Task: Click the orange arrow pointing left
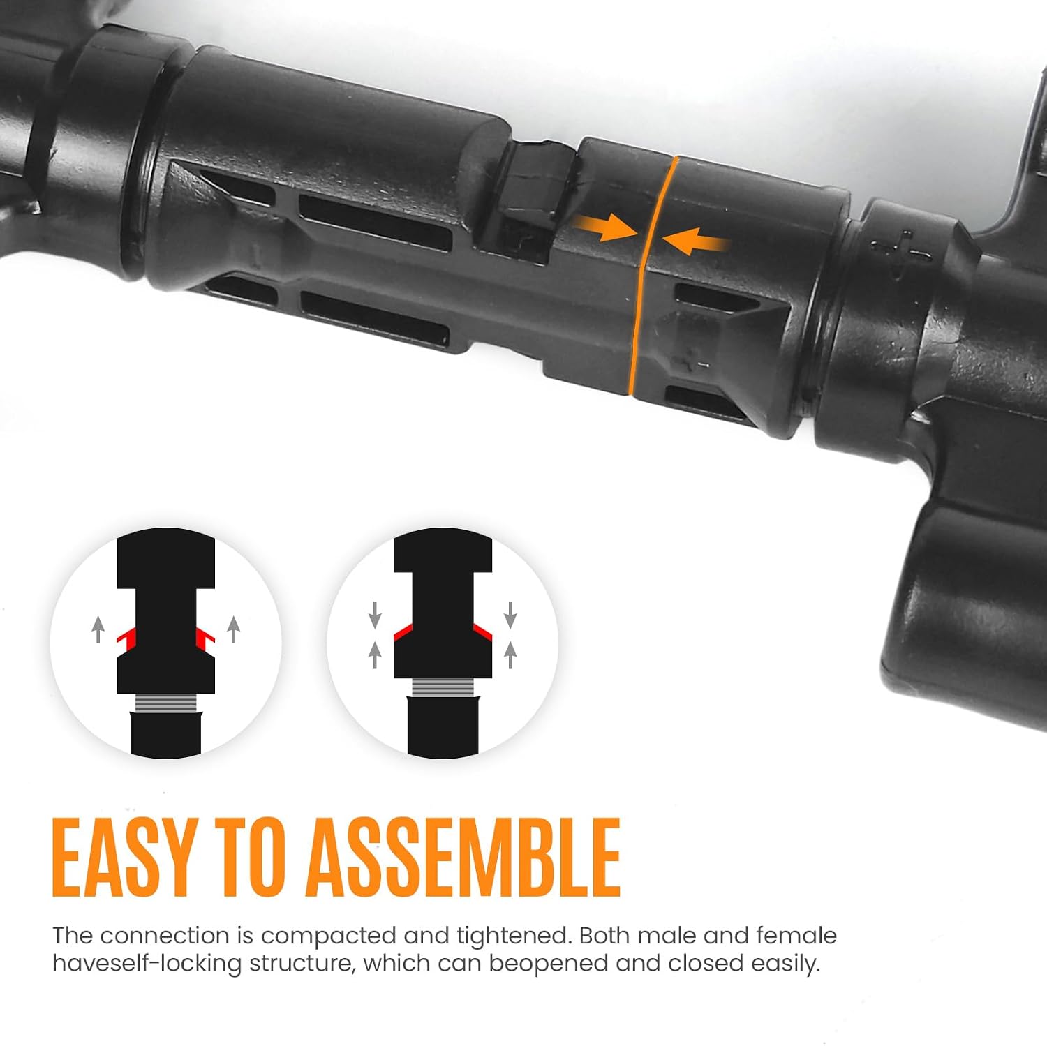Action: (x=697, y=241)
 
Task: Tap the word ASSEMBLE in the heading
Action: (x=463, y=858)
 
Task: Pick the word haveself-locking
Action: (x=147, y=964)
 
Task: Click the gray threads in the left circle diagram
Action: (x=166, y=703)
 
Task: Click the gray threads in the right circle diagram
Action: (x=443, y=687)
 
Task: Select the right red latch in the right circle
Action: (x=483, y=633)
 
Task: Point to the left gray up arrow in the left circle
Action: (x=98, y=629)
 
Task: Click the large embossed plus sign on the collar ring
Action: (x=901, y=250)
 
